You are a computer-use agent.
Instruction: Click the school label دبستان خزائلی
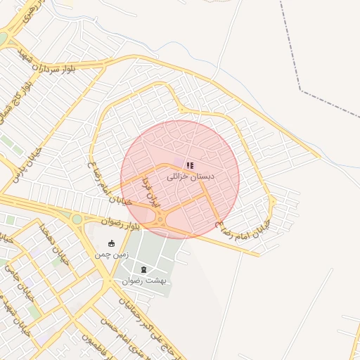click(191, 176)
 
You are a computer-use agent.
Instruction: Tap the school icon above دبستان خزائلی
click(190, 166)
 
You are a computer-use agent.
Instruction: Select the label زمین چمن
click(111, 255)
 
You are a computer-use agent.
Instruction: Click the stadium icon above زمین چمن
click(111, 244)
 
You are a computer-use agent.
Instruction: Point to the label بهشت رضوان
click(143, 280)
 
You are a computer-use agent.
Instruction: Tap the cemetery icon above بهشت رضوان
click(144, 269)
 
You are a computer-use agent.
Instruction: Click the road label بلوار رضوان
click(121, 224)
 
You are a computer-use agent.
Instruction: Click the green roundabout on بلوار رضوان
click(75, 219)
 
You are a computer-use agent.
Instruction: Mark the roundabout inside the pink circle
click(161, 219)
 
